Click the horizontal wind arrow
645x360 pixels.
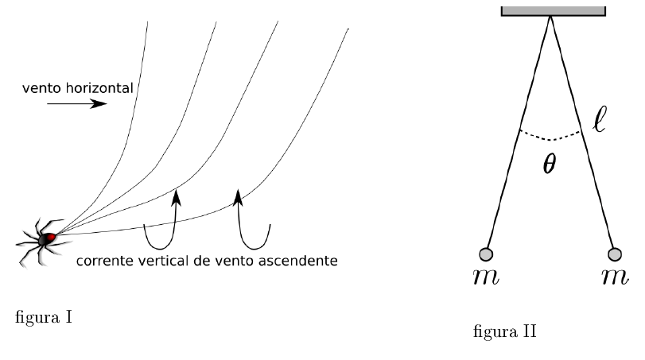pyautogui.click(x=76, y=104)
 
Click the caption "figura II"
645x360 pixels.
pyautogui.click(x=504, y=330)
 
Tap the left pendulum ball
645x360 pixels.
pyautogui.click(x=486, y=254)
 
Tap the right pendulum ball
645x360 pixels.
pyautogui.click(x=614, y=254)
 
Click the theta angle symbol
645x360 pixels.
pyautogui.click(x=550, y=165)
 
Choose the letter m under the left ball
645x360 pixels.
pyautogui.click(x=486, y=279)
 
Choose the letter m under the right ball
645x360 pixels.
pyautogui.click(x=614, y=279)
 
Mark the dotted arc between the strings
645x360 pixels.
pyautogui.click(x=550, y=137)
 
